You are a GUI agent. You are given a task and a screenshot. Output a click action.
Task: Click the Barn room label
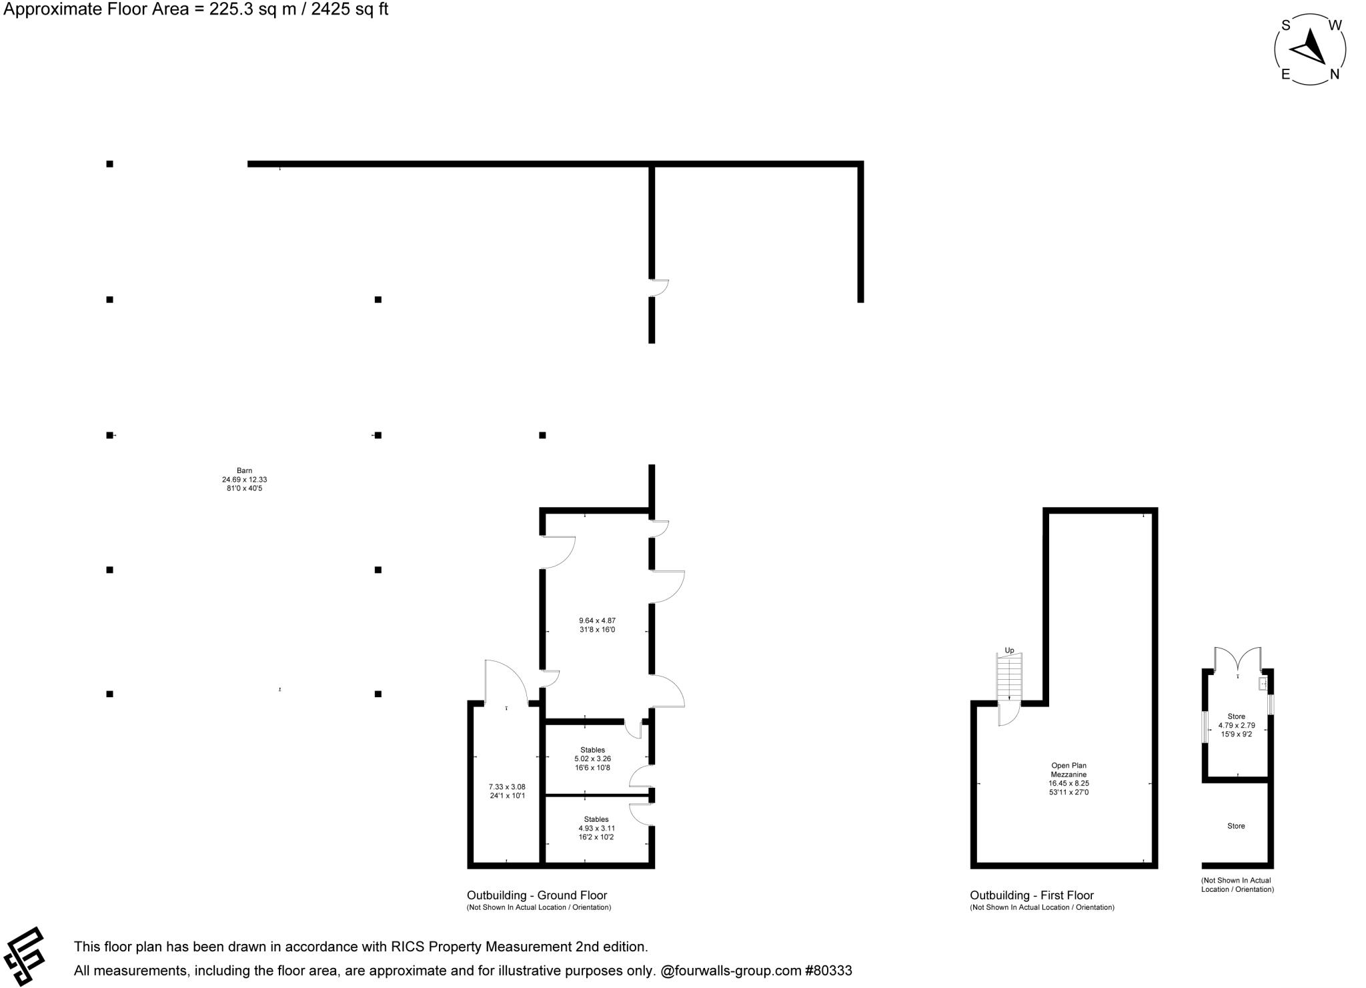point(244,479)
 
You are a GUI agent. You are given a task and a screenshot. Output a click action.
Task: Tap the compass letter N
point(1335,75)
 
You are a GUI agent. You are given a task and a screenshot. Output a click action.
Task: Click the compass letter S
point(1285,26)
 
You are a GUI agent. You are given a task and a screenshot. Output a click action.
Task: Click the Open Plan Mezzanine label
point(1069,779)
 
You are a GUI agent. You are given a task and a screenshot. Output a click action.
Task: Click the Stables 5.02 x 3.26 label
point(592,759)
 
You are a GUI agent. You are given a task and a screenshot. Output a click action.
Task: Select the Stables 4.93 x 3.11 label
point(596,828)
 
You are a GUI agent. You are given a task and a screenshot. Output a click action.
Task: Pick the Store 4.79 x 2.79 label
point(1236,725)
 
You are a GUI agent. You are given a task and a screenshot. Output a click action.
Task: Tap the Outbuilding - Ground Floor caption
point(537,895)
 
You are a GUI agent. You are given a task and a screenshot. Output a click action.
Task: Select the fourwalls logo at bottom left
point(25,956)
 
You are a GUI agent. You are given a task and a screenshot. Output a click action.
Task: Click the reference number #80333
point(828,971)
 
